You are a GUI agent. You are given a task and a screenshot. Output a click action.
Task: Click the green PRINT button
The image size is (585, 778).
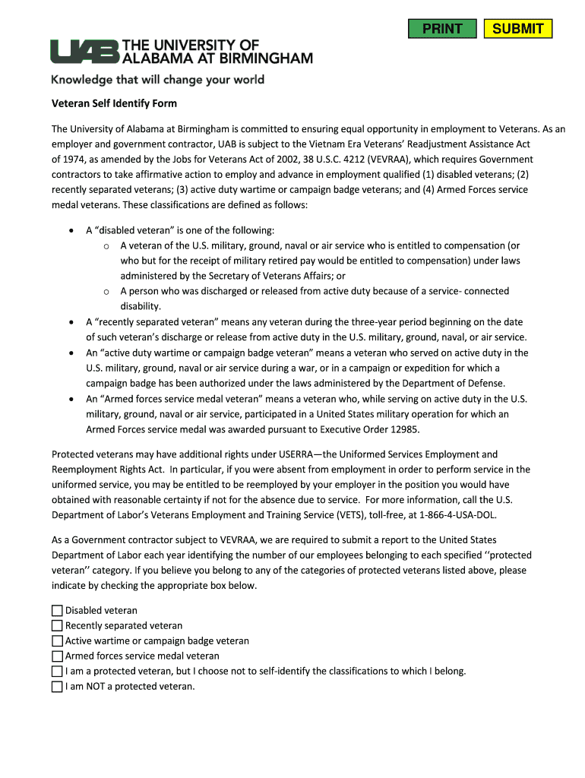(442, 29)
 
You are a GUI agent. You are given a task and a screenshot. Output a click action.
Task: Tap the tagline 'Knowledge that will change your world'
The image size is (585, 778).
(157, 80)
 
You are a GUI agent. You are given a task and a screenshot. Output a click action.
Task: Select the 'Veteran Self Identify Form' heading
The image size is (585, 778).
(114, 103)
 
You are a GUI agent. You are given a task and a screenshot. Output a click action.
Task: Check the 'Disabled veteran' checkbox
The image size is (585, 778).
(57, 611)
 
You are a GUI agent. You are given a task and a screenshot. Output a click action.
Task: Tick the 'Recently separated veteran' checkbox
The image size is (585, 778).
(57, 626)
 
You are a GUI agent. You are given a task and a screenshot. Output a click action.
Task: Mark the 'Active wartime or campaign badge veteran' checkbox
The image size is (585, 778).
(57, 641)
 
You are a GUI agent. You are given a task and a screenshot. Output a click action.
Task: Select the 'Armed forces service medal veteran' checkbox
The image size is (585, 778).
(57, 656)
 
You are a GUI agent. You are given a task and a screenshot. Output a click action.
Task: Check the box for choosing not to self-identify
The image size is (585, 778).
(57, 672)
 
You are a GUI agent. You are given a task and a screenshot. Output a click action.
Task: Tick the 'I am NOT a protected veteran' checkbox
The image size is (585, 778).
(57, 687)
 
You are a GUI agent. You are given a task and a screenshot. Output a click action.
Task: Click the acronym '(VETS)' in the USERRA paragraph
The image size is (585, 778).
(334, 515)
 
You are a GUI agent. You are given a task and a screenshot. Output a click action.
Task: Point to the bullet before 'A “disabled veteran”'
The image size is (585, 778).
(71, 231)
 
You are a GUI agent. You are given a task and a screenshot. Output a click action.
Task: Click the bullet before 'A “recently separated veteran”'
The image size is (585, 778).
(71, 323)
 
